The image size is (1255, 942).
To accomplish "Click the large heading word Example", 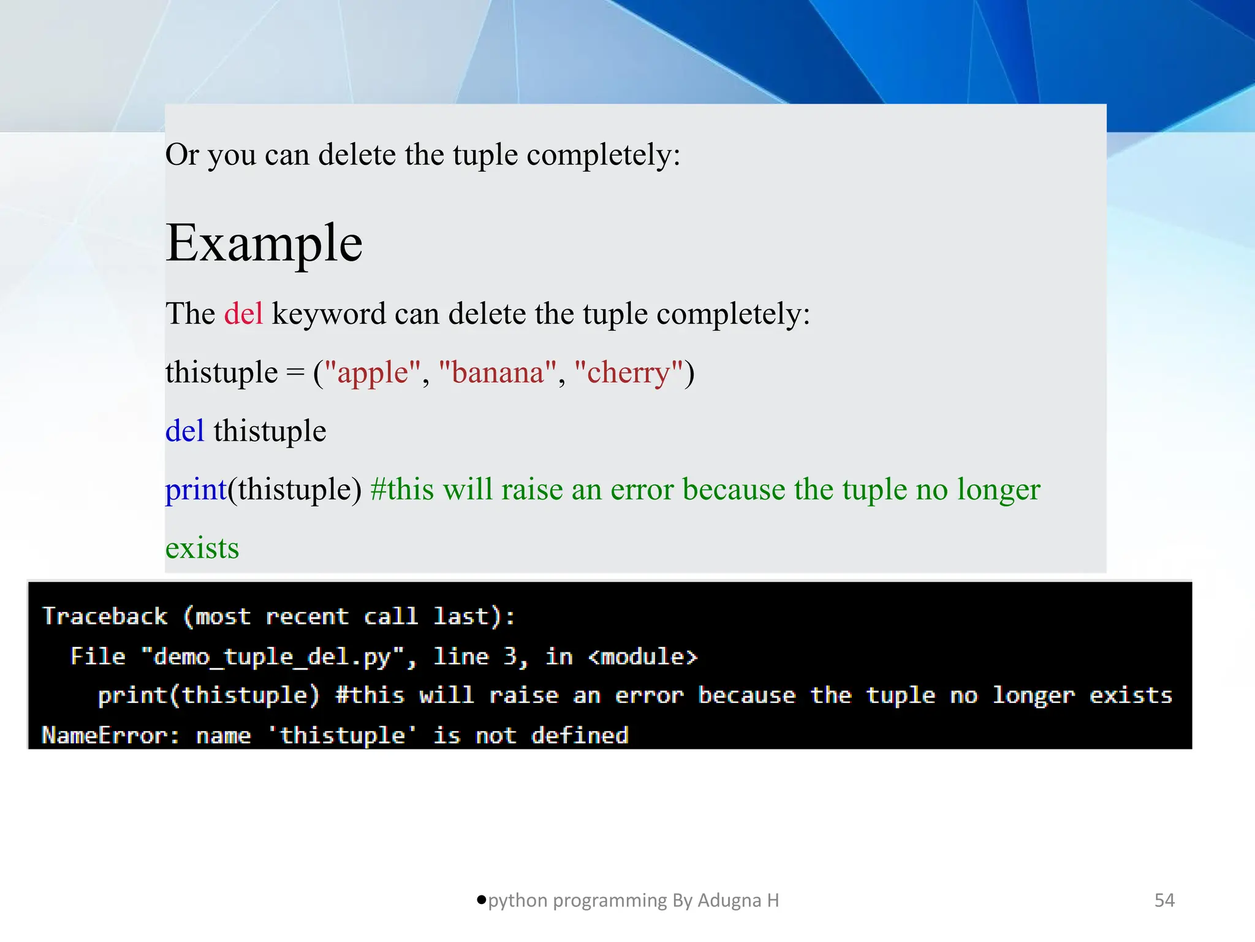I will point(264,243).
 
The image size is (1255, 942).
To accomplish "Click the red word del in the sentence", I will point(243,313).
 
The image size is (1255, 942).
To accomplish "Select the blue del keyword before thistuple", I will point(184,431).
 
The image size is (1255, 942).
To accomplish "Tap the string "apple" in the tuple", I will point(373,372).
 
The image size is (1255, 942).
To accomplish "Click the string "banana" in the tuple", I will point(498,372).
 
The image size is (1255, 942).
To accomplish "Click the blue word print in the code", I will point(196,489).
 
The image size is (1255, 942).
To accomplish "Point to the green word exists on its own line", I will point(202,548).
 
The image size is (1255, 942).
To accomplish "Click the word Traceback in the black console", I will point(105,616).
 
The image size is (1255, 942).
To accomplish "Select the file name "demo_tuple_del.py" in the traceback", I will point(272,657).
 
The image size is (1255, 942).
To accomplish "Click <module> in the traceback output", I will point(643,657).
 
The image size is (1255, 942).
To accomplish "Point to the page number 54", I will point(1164,900).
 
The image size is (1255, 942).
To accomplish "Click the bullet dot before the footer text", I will point(482,900).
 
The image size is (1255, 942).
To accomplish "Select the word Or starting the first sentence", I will point(182,155).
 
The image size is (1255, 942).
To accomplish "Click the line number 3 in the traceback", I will point(510,657).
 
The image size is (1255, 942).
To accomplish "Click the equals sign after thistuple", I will point(295,373).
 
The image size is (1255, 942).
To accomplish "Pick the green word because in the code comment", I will point(734,489).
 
